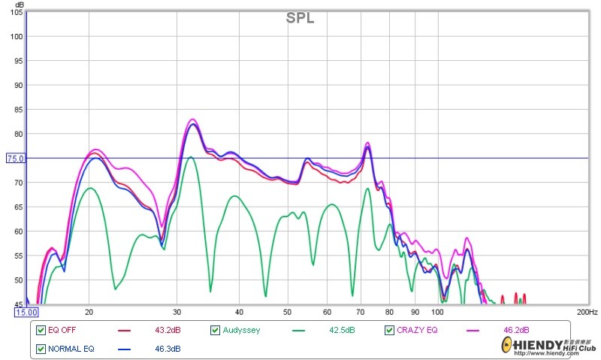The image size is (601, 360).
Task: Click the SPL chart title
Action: pos(300,18)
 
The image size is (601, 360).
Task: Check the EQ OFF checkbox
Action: pos(41,330)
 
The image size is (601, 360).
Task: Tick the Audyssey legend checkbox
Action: pos(216,330)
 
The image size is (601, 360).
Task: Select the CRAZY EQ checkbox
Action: pos(390,330)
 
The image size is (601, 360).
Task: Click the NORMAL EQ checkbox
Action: pos(41,349)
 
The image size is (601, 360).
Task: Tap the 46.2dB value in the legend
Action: pos(516,330)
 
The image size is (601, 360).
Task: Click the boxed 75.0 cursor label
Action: pos(16,159)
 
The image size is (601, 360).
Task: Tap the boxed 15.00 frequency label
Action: pos(27,312)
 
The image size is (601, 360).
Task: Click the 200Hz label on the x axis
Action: pos(587,312)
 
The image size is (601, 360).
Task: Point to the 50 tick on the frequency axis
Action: pos(287,312)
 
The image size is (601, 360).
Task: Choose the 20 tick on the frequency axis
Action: pos(89,312)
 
